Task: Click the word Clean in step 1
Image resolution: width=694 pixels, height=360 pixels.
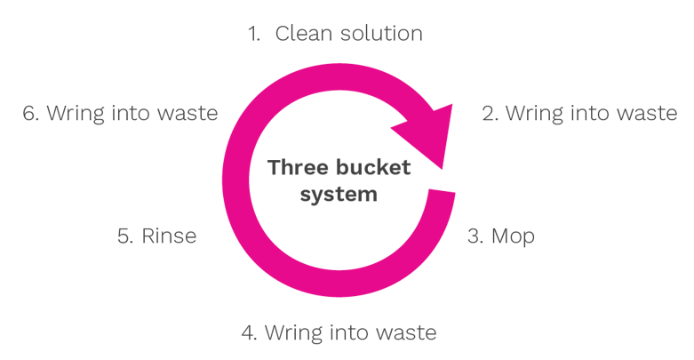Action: pos(303,33)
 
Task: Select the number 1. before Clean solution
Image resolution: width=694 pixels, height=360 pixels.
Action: pos(254,34)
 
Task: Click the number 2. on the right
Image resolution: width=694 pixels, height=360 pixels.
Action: pos(490,114)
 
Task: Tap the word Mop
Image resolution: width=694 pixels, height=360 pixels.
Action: pos(513,237)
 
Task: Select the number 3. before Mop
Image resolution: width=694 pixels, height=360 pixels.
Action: pos(475,236)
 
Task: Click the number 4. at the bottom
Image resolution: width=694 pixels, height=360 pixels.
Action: pos(249,332)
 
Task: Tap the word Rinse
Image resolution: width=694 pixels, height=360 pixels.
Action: pos(169,236)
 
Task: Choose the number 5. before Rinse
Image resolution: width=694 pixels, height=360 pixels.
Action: pos(125,236)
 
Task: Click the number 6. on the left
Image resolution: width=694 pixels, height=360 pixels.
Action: pos(30,114)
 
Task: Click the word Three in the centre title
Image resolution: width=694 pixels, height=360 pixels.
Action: pos(298,167)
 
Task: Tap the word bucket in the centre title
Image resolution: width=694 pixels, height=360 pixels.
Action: pos(373,167)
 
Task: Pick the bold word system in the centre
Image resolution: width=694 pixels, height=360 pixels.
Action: pos(339,195)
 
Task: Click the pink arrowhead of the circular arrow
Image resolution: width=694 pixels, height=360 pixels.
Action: pos(427,132)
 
